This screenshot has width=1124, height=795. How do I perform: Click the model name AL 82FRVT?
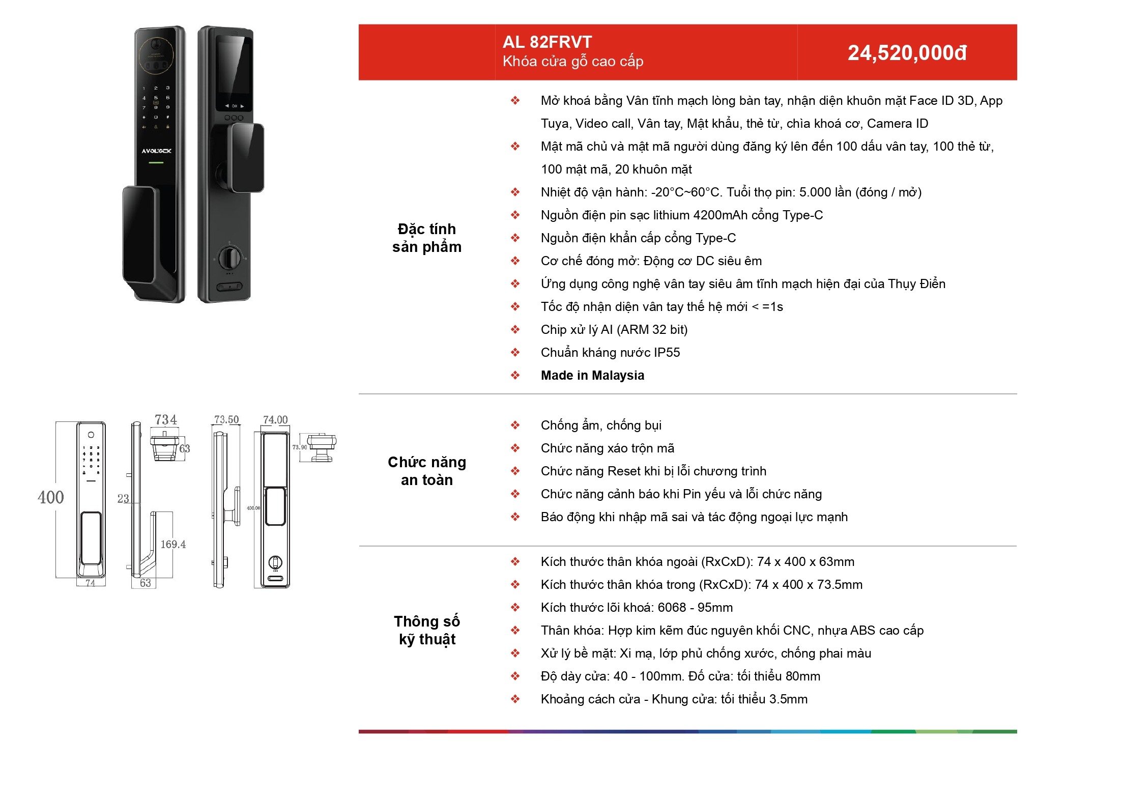click(x=547, y=42)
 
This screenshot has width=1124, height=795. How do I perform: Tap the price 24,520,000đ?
click(x=907, y=53)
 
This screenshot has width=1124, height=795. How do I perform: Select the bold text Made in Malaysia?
click(x=592, y=376)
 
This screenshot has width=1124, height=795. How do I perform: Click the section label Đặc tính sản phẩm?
click(x=427, y=238)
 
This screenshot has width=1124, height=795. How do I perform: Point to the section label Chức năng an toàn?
click(x=427, y=471)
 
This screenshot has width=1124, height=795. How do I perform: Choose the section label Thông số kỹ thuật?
click(x=427, y=630)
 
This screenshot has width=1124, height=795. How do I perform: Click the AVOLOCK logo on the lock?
click(x=156, y=151)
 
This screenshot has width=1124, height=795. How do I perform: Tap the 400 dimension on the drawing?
click(x=51, y=497)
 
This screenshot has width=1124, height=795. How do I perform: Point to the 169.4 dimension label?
click(x=173, y=545)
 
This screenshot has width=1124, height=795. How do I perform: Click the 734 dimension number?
click(x=166, y=420)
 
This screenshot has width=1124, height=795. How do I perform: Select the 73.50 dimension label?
click(x=226, y=420)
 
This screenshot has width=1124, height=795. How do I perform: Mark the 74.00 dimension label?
click(x=275, y=420)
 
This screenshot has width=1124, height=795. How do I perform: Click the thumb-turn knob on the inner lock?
click(x=230, y=257)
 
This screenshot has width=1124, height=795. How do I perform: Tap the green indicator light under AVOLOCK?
click(x=156, y=162)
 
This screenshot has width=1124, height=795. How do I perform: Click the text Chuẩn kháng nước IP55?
click(x=610, y=353)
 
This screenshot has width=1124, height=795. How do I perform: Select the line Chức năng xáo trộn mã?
click(x=608, y=448)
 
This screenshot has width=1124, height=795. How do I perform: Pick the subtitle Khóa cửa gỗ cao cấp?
click(x=573, y=62)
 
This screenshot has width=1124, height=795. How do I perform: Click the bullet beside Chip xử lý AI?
click(x=515, y=330)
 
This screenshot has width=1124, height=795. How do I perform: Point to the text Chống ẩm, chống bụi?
click(x=601, y=425)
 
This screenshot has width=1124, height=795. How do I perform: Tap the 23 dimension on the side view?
click(x=123, y=499)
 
